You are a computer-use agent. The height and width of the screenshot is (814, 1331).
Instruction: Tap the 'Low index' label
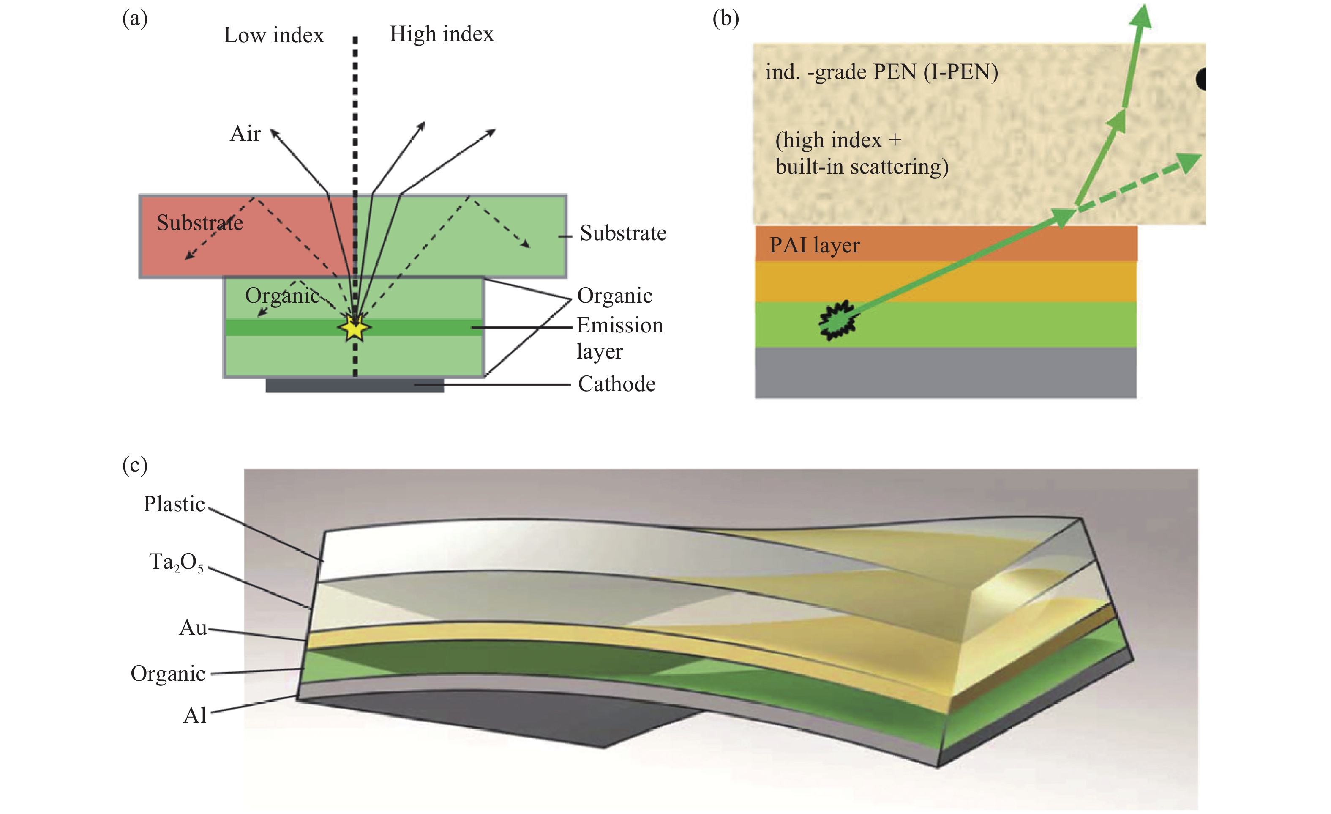(273, 36)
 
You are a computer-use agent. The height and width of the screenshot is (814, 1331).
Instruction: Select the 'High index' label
(441, 34)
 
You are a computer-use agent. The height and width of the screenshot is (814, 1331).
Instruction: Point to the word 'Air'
(245, 134)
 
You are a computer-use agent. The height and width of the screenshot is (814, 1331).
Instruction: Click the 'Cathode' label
(616, 384)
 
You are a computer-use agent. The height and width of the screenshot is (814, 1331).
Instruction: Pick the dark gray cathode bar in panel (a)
(355, 385)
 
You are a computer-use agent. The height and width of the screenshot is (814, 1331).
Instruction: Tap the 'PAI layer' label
(814, 245)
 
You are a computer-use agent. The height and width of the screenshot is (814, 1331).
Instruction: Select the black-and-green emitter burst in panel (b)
(837, 321)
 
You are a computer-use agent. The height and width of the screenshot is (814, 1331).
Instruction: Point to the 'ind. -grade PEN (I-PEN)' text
(881, 72)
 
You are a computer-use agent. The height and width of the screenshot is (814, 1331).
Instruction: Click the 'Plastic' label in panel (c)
(174, 504)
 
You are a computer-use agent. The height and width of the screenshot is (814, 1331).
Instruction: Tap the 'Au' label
(193, 628)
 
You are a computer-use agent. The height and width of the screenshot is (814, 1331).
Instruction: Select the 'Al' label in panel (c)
(195, 715)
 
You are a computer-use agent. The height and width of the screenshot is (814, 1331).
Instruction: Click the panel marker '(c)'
(134, 465)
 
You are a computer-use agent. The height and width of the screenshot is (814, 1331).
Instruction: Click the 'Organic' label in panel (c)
(168, 674)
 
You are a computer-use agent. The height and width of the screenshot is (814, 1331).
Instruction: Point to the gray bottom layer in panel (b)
(945, 373)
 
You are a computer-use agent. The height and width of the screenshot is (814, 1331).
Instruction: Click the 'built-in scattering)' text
(862, 167)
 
